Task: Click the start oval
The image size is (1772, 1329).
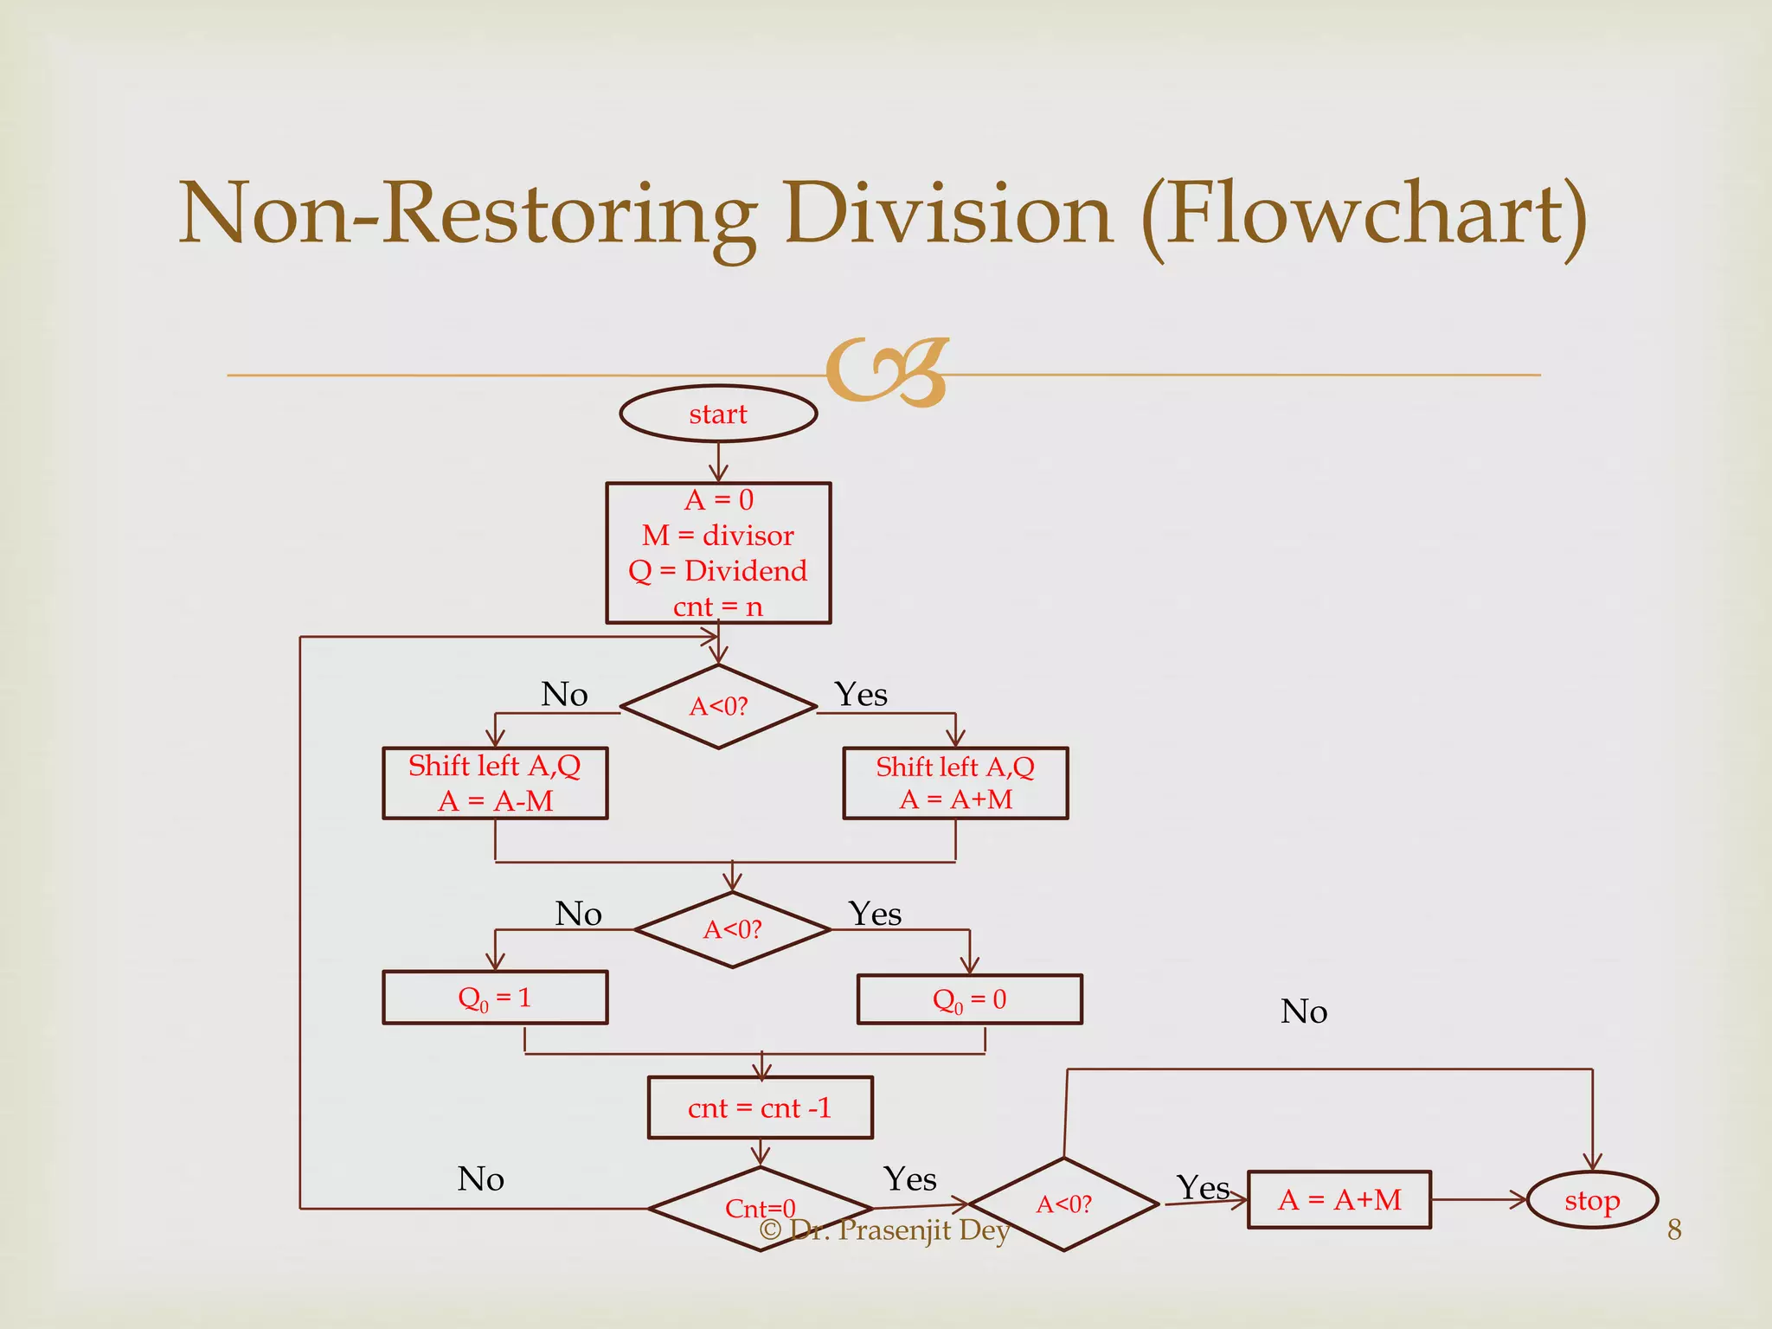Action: (718, 414)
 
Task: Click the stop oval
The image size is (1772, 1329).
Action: (1592, 1200)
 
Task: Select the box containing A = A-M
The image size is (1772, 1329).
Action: (495, 783)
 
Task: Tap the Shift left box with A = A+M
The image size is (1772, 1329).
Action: (955, 783)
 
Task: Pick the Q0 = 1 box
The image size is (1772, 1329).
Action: (495, 998)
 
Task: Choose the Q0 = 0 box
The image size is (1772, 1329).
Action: (969, 999)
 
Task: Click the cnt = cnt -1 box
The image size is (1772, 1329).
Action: (760, 1107)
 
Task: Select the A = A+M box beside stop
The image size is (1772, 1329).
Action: (1339, 1200)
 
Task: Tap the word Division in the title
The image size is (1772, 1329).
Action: (947, 215)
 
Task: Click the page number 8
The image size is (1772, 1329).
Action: (1674, 1229)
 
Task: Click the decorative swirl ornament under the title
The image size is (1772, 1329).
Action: (887, 372)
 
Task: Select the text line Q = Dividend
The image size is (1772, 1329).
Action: (717, 571)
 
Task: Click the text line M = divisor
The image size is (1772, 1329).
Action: (717, 536)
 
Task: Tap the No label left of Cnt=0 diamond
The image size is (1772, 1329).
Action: (480, 1179)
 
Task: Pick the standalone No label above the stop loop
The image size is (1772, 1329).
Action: (1303, 1011)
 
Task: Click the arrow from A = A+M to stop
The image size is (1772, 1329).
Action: (1479, 1200)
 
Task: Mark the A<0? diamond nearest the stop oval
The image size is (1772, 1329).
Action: (1064, 1204)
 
